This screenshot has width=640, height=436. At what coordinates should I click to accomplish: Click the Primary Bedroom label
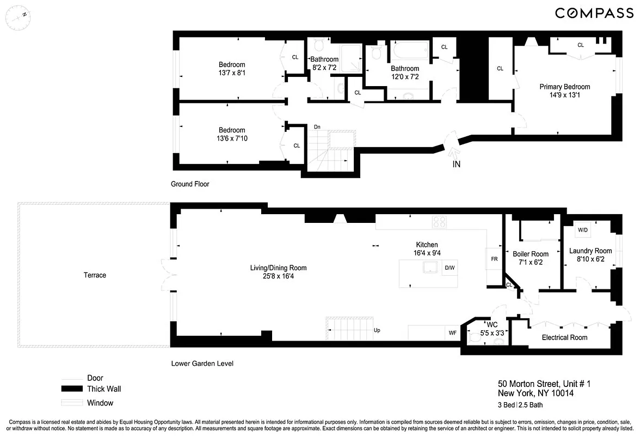pos(564,87)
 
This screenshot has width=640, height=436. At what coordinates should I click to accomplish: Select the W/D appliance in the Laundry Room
pos(582,230)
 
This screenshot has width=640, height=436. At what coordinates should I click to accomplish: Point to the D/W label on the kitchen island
pos(450,268)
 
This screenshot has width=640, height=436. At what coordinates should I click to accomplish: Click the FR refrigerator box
pos(494,259)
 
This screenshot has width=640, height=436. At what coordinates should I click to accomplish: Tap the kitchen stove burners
pos(440,222)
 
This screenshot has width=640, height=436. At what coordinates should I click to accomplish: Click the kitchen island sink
pos(431,267)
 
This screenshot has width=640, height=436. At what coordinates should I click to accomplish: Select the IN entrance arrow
pos(456,163)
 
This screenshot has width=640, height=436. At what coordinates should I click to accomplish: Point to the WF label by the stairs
pos(452,331)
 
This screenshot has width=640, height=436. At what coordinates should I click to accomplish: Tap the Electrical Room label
pos(564,337)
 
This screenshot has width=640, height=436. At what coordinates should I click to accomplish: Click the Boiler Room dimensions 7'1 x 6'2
pos(530,262)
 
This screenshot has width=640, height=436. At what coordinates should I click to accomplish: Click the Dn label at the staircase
pos(317,127)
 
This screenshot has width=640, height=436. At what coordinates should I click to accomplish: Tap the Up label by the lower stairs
pos(377,330)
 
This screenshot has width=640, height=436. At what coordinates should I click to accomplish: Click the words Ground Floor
pos(190,184)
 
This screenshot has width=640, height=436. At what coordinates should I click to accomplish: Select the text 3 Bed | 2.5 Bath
pos(520,405)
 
